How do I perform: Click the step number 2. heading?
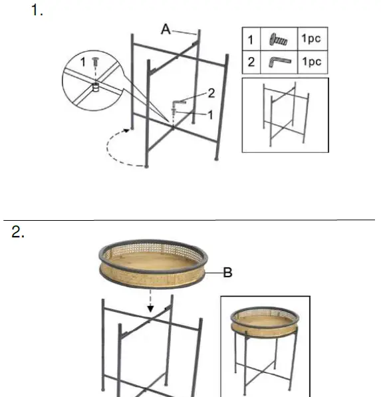click(19, 232)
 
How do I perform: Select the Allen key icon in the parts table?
click(278, 63)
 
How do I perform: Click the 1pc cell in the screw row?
click(311, 39)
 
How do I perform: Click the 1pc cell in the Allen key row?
click(311, 62)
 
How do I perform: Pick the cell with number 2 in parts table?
click(251, 63)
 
